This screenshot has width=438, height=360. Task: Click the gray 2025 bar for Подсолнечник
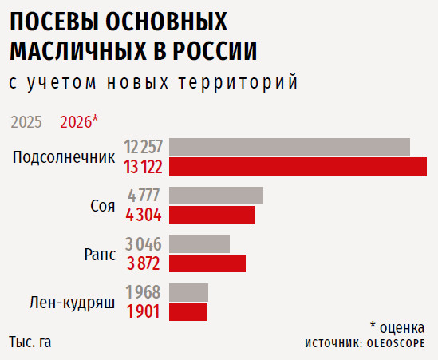pyautogui.click(x=290, y=147)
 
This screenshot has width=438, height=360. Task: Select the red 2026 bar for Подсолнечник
pyautogui.click(x=298, y=167)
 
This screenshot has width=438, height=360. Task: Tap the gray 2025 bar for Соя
pyautogui.click(x=216, y=196)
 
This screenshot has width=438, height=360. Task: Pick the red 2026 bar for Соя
pyautogui.click(x=211, y=215)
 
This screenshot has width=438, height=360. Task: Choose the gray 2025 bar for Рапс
pyautogui.click(x=199, y=243)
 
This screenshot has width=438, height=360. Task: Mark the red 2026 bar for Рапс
pyautogui.click(x=207, y=263)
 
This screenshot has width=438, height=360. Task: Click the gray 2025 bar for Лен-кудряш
pyautogui.click(x=188, y=292)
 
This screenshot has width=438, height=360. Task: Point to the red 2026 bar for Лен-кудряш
pyautogui.click(x=188, y=311)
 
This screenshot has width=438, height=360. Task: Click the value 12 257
pyautogui.click(x=144, y=148)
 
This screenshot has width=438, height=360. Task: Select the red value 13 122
pyautogui.click(x=144, y=168)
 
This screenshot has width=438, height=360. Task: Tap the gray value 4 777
pyautogui.click(x=144, y=196)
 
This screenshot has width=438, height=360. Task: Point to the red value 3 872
pyautogui.click(x=144, y=263)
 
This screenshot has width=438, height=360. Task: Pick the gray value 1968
pyautogui.click(x=143, y=292)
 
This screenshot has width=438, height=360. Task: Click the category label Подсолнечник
pyautogui.click(x=64, y=157)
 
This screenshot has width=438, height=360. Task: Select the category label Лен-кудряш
pyautogui.click(x=72, y=303)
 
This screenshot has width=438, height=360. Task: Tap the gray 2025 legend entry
pyautogui.click(x=26, y=122)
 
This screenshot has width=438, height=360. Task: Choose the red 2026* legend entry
pyautogui.click(x=79, y=122)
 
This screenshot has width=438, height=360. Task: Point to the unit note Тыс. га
pyautogui.click(x=30, y=342)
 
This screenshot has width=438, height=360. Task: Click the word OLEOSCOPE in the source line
pyautogui.click(x=396, y=343)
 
